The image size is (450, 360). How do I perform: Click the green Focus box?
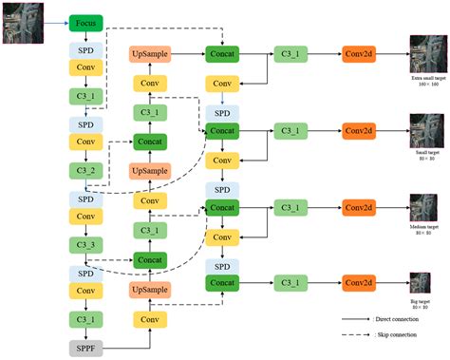85,22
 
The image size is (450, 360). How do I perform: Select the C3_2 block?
85,171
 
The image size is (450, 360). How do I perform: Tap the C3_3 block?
85,245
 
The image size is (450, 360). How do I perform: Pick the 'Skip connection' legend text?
397,335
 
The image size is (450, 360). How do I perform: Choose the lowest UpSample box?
150,288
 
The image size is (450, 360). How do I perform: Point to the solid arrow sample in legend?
356,320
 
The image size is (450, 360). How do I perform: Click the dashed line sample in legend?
356,335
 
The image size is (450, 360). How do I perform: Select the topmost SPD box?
85,48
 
